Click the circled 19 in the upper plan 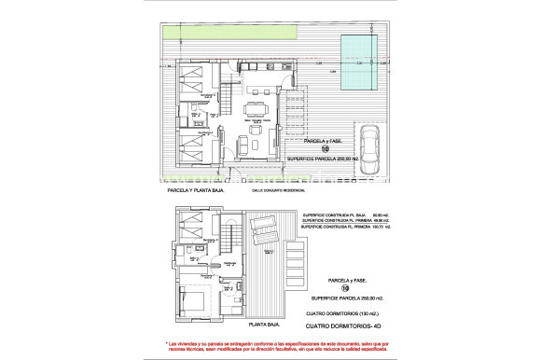point(326,148)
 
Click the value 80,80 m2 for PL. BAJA point(366,214)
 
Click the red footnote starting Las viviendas point(270,345)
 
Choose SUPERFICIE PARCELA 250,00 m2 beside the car point(321,159)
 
